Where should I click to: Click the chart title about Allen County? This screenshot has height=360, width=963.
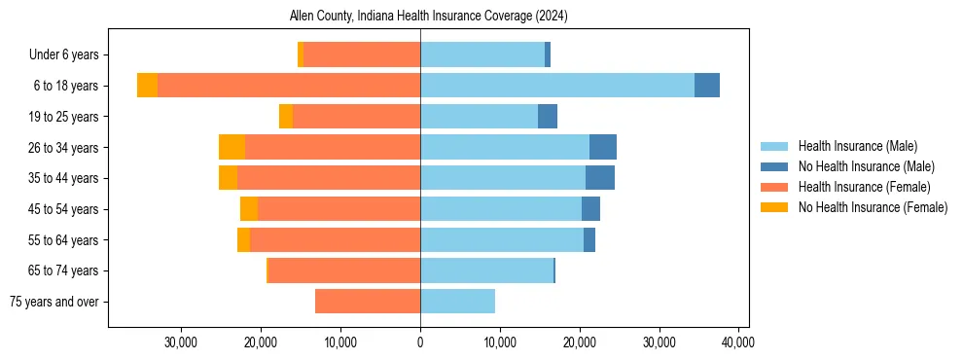tap(429, 17)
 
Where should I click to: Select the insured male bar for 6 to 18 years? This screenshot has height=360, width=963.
tap(557, 86)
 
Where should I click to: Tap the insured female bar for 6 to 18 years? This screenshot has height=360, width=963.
tap(289, 86)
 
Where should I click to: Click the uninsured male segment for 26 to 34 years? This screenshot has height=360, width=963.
tap(603, 147)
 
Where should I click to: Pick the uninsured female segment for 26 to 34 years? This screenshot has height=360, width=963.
tap(232, 147)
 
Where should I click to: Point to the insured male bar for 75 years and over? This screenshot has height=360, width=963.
tap(457, 302)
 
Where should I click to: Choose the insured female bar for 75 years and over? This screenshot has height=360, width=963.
tap(368, 302)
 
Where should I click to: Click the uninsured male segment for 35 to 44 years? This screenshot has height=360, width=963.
tap(600, 178)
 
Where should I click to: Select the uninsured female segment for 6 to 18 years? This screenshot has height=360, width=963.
tap(147, 86)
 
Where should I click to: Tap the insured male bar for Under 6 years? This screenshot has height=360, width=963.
tap(482, 54)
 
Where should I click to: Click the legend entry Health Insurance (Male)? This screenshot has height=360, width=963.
tap(857, 146)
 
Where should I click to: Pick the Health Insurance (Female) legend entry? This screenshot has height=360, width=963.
tap(864, 187)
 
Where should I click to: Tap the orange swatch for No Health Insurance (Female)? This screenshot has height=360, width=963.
tap(774, 207)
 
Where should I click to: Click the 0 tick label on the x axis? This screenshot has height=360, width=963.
tap(420, 342)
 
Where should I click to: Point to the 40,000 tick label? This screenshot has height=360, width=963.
tap(738, 342)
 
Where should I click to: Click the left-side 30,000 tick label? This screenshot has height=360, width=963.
tap(182, 342)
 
